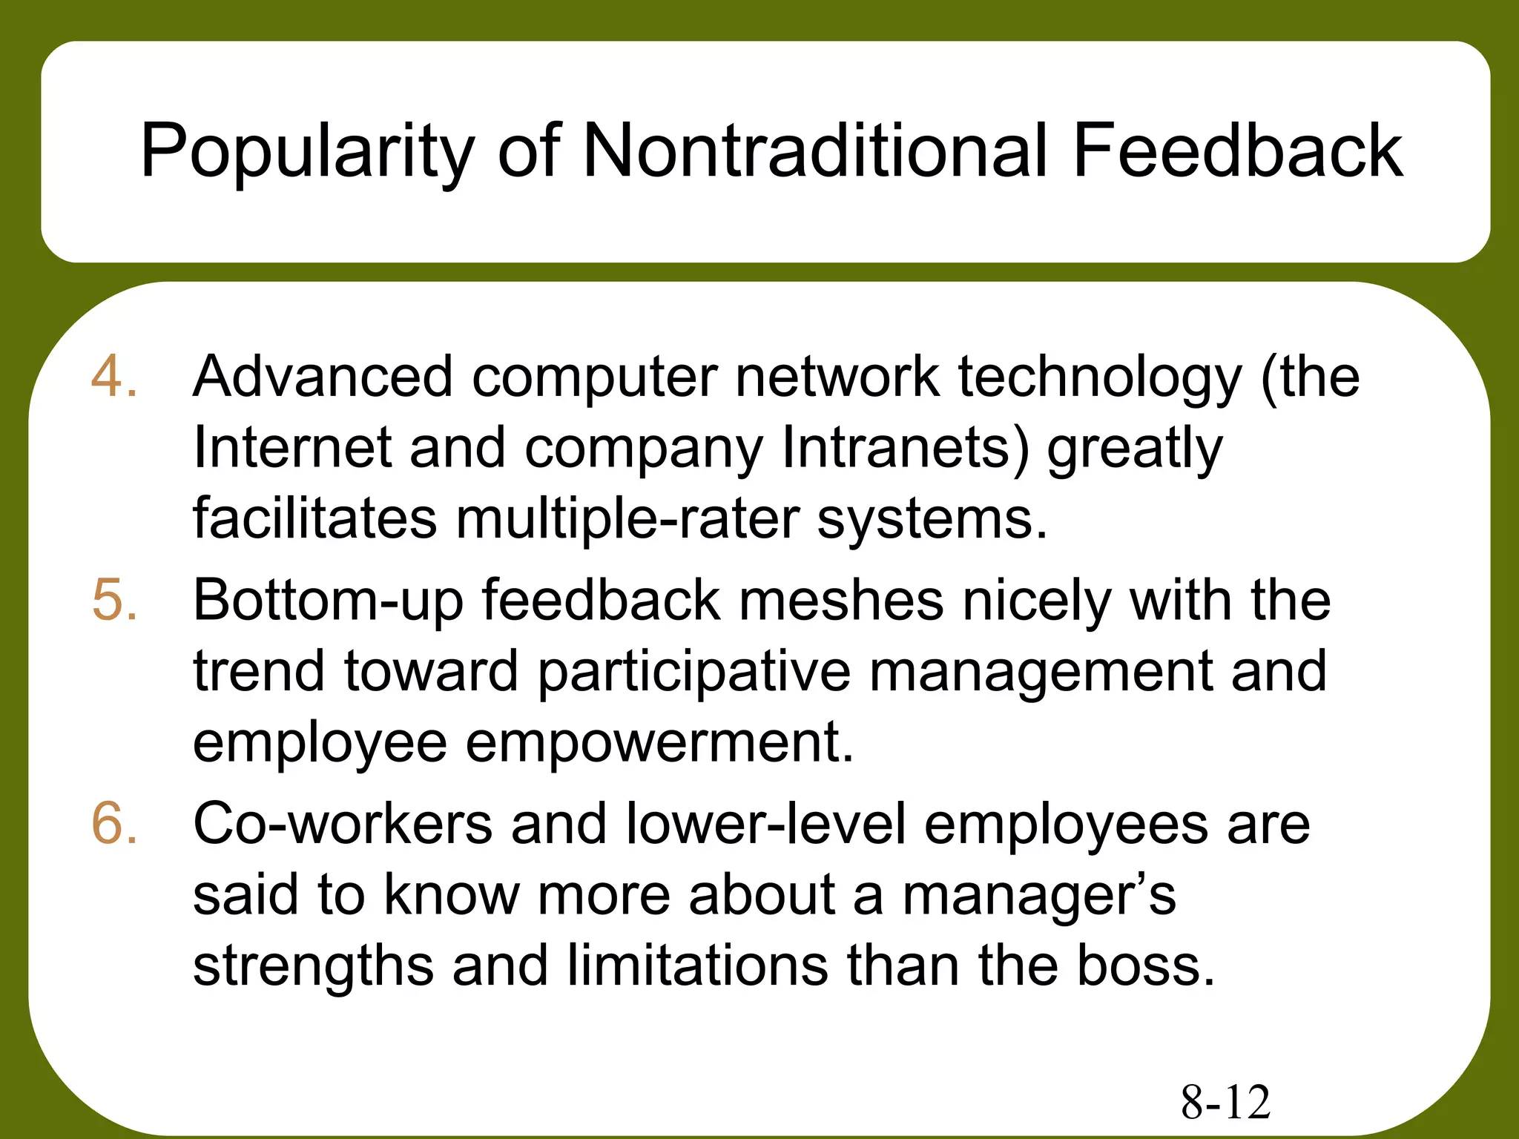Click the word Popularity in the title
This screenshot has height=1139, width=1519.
pos(306,152)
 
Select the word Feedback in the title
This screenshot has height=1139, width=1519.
pos(1237,151)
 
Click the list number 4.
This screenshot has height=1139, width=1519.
pos(113,376)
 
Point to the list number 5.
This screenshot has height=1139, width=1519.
pos(114,599)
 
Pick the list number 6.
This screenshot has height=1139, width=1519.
pos(114,823)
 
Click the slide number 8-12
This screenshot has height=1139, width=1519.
pos(1225,1102)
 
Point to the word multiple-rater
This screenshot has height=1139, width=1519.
pos(627,518)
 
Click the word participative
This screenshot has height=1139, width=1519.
pos(693,672)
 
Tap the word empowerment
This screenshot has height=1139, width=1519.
pos(659,743)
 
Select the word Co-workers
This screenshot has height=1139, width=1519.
pos(343,823)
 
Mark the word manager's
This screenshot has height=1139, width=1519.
pos(1038,896)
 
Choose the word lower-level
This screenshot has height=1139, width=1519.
pos(766,823)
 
